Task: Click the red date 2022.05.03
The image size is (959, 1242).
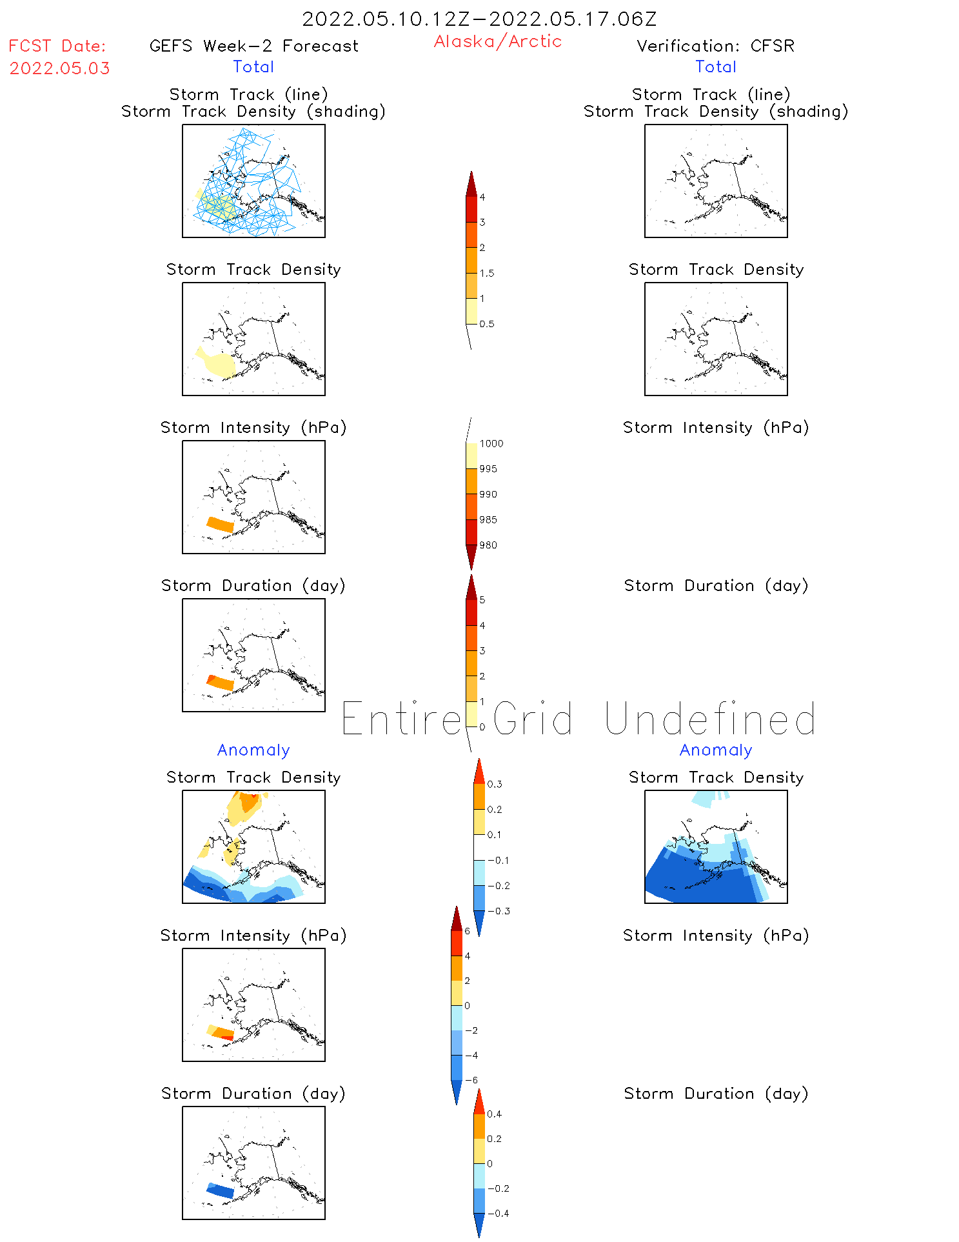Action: pos(59,68)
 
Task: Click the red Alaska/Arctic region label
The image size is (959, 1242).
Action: pos(497,41)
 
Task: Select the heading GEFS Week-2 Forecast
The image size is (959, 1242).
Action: pos(253,46)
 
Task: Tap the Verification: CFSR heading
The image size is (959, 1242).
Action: pos(715,46)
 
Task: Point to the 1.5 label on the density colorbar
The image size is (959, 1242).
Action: pos(487,274)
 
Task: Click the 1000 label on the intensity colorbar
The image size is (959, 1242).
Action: pos(491,444)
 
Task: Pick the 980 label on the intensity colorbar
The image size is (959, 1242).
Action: pos(488,545)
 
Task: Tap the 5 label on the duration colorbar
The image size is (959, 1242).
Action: pos(482,600)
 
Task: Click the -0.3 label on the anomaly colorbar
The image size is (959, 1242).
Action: pos(498,912)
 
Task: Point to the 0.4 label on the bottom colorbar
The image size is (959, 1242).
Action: pos(494,1114)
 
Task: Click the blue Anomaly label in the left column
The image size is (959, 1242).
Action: pos(253,750)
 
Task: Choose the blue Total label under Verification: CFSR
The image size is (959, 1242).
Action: pos(715,67)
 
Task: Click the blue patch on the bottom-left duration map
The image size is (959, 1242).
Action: pos(220,1191)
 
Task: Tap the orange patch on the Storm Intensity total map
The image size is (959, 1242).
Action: pos(220,525)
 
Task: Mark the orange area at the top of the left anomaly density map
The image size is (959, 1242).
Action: pos(248,803)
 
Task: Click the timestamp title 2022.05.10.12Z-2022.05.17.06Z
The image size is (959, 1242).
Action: pos(479,19)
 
